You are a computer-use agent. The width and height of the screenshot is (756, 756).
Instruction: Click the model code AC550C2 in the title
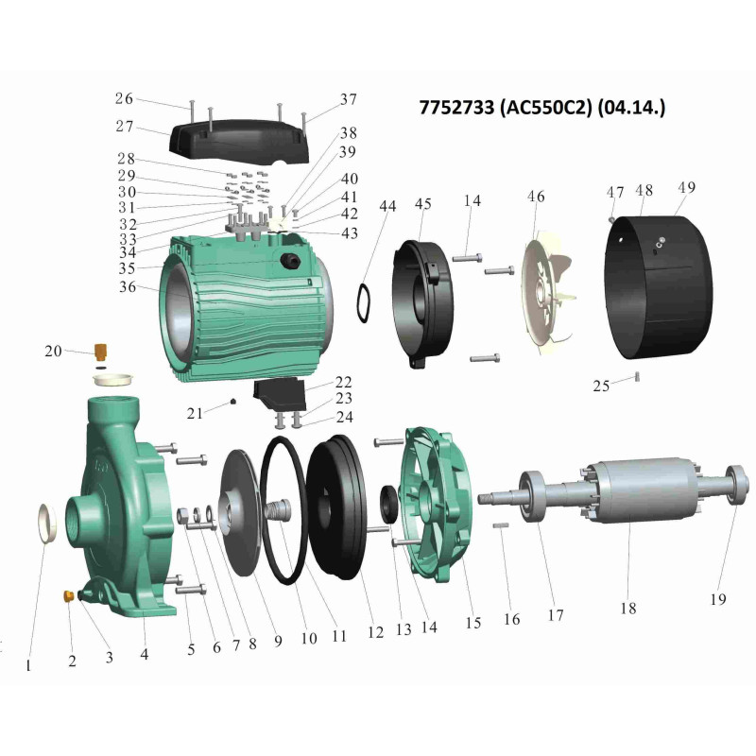545,107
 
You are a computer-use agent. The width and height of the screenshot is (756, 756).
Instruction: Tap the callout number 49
687,187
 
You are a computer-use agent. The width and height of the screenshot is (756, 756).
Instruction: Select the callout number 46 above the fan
536,197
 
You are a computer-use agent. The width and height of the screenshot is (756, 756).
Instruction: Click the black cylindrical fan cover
659,287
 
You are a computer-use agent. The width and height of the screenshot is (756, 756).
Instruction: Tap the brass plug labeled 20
101,352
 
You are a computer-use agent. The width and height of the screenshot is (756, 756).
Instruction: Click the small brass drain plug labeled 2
68,596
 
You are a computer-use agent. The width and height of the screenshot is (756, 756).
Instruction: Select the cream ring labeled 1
47,523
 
